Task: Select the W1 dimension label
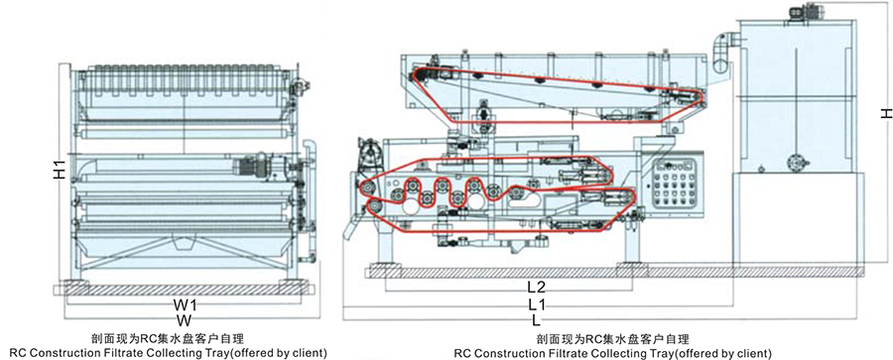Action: click(185, 303)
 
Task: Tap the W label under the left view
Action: click(185, 319)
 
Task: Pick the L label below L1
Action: click(537, 319)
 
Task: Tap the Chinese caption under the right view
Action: click(612, 338)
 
